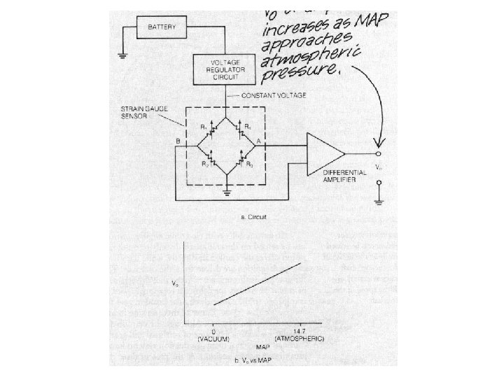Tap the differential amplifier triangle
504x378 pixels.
(x=325, y=152)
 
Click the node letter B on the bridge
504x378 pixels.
(x=178, y=141)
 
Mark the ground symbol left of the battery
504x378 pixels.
(x=122, y=55)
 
